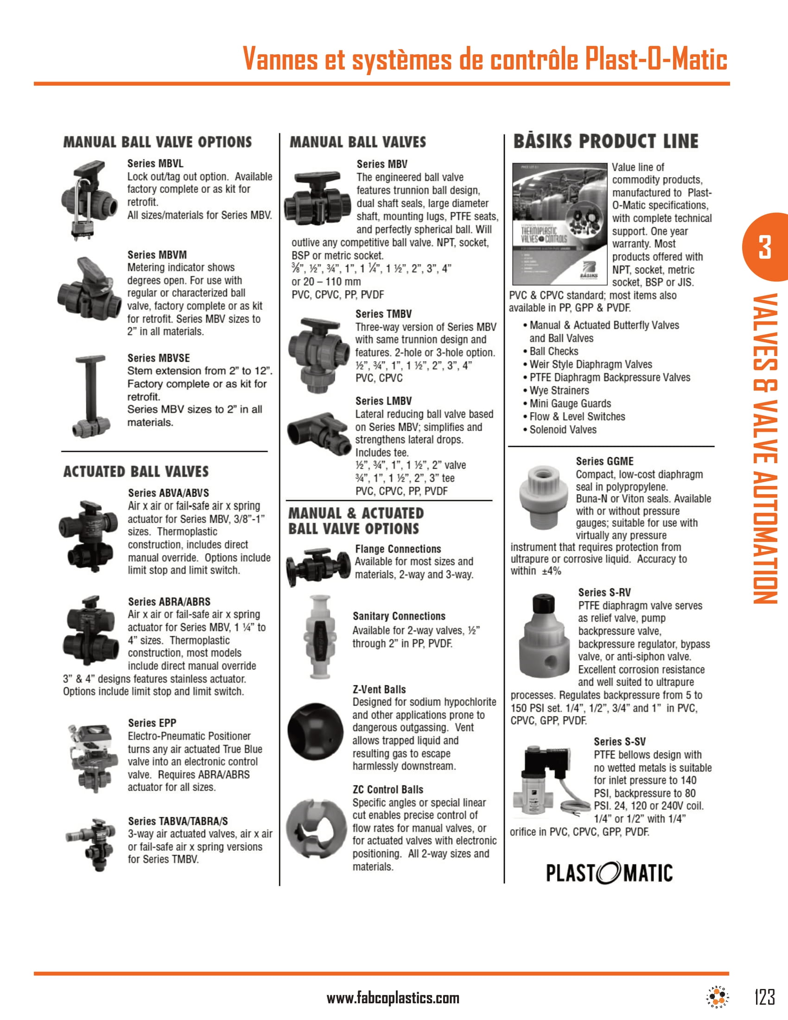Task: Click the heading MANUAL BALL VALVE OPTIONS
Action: (x=157, y=142)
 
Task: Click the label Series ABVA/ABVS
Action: (x=169, y=493)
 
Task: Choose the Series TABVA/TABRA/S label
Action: (x=178, y=821)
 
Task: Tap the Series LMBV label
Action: (x=383, y=401)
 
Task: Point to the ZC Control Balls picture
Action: (x=315, y=829)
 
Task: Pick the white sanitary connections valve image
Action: (x=319, y=636)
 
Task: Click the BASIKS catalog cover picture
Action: (x=559, y=224)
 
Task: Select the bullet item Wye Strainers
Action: (x=559, y=390)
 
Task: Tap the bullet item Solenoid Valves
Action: (x=563, y=430)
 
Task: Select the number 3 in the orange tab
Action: (x=765, y=247)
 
